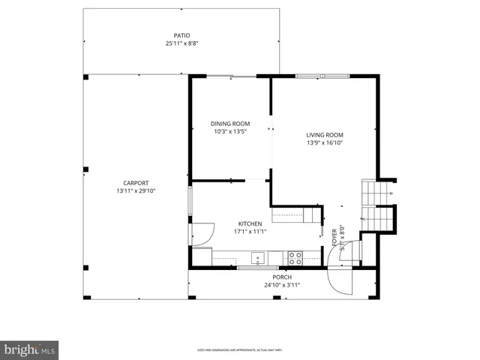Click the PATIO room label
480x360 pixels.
pos(181,35)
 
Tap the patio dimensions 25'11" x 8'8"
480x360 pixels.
pos(181,43)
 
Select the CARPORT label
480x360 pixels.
pos(136,183)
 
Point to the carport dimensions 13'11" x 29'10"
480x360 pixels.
pos(136,191)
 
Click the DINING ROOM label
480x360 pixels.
pos(229,124)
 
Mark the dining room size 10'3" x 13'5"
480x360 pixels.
pos(229,132)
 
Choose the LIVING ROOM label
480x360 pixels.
pos(324,135)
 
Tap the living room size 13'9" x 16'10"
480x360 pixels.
pos(324,143)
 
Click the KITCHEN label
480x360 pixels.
pos(250,223)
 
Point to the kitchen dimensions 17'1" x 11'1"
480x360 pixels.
pos(250,232)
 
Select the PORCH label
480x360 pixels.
pos(282,277)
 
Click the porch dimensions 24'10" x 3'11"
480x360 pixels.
pos(282,285)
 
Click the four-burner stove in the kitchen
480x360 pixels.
pos(295,258)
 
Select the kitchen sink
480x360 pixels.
pos(259,259)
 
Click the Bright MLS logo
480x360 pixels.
pos(30,349)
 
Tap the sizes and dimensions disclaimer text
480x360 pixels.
pos(239,349)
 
